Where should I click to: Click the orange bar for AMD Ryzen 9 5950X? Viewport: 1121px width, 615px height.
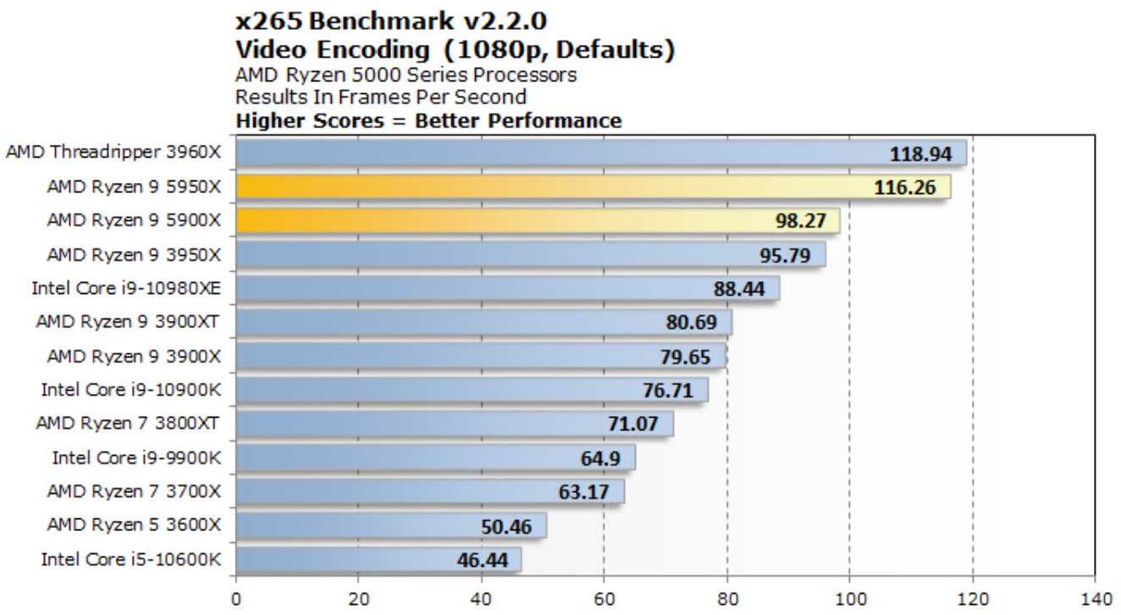pos(593,186)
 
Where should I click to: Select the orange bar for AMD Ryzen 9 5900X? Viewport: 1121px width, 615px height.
pos(538,220)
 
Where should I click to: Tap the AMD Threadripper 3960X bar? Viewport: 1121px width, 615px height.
pos(601,153)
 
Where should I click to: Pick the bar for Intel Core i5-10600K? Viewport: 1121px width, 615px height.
pos(378,559)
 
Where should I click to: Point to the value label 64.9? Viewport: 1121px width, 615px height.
pos(600,458)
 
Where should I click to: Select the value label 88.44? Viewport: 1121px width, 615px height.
pos(739,289)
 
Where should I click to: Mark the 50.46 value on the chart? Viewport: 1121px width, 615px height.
pos(506,527)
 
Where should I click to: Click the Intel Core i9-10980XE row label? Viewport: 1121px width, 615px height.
pos(126,288)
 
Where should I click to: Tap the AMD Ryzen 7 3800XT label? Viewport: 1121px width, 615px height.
pos(128,424)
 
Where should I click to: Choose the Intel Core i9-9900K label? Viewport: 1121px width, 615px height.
pos(136,457)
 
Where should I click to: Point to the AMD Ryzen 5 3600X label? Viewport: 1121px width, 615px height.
pos(134,525)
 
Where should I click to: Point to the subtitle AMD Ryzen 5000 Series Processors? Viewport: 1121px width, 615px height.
pos(406,75)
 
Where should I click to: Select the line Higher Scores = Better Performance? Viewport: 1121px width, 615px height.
pos(428,120)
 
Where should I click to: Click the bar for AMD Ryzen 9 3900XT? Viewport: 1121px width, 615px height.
pos(483,322)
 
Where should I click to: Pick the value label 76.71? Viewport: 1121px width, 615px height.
pos(667,391)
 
